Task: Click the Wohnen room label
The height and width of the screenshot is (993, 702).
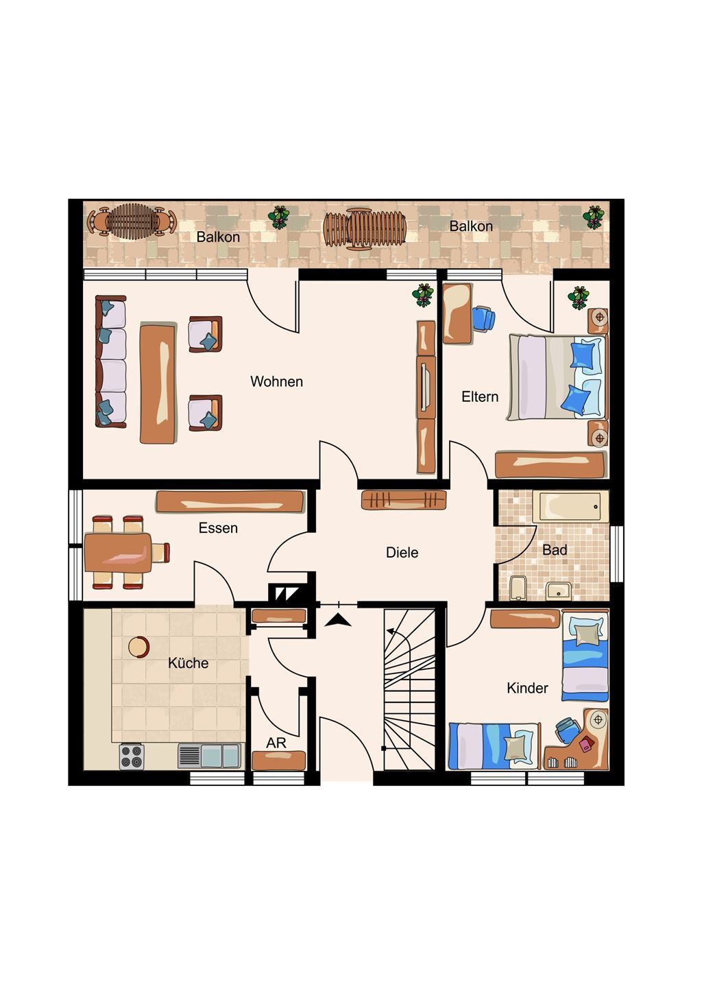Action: pyautogui.click(x=276, y=381)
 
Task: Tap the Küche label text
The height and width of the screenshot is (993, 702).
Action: pyautogui.click(x=189, y=662)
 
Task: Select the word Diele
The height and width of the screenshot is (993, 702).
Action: pyautogui.click(x=402, y=552)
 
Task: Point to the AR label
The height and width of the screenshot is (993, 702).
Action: pyautogui.click(x=276, y=743)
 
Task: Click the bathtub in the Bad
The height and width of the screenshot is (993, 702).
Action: pyautogui.click(x=570, y=507)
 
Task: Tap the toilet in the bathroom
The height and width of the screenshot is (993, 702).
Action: pyautogui.click(x=518, y=587)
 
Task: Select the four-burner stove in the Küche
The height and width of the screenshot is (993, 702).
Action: pyautogui.click(x=131, y=756)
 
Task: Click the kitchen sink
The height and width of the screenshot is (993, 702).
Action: pyautogui.click(x=210, y=756)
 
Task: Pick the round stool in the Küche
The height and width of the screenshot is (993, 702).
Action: pyautogui.click(x=138, y=647)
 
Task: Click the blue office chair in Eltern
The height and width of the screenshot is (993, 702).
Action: pyautogui.click(x=485, y=319)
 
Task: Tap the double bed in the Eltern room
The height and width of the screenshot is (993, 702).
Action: pyautogui.click(x=557, y=376)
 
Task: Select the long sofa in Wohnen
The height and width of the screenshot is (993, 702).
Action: pyautogui.click(x=111, y=361)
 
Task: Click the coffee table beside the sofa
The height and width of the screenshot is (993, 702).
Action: pyautogui.click(x=158, y=383)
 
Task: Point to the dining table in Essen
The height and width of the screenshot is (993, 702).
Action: pyautogui.click(x=118, y=552)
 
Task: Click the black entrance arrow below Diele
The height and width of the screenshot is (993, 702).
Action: pyautogui.click(x=338, y=620)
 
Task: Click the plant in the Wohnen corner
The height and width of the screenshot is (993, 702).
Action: pyautogui.click(x=423, y=295)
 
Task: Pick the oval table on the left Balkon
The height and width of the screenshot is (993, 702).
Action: pyautogui.click(x=132, y=222)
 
